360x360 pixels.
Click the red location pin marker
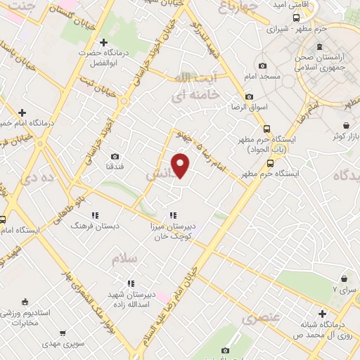[181, 165]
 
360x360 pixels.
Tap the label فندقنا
[115, 167]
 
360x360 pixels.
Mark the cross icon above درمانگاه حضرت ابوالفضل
[104, 43]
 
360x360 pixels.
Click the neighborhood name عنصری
[261, 318]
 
